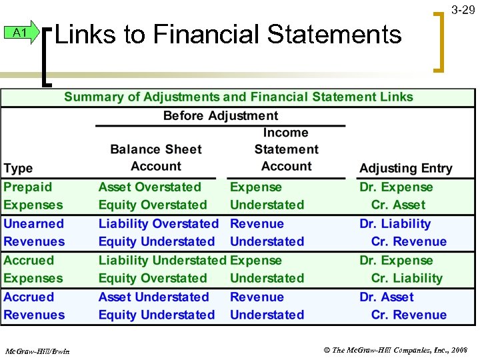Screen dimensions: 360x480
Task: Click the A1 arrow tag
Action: [21, 33]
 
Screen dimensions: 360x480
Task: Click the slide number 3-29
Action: [463, 10]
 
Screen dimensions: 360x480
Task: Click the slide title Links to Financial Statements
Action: [228, 33]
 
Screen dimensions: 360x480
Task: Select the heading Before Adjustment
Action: [221, 115]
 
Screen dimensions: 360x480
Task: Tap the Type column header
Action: [18, 167]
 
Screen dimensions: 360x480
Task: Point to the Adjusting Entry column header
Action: [405, 168]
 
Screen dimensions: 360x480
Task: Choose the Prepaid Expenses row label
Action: [33, 196]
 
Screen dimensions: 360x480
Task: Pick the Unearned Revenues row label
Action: [34, 233]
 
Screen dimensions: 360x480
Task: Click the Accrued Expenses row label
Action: [33, 269]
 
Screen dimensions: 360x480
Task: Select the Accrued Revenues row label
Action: [34, 306]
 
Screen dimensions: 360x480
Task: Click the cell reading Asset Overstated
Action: [149, 187]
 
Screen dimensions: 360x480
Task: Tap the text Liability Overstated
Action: [158, 224]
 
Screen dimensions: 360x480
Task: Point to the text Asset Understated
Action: [153, 297]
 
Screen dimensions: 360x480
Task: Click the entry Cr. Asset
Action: [398, 205]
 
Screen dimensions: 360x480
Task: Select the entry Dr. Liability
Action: [395, 224]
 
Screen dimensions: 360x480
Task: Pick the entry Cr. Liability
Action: [407, 279]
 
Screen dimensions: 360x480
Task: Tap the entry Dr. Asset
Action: [387, 297]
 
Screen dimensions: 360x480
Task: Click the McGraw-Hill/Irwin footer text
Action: [40, 351]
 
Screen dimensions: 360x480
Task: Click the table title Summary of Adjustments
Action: [239, 97]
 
